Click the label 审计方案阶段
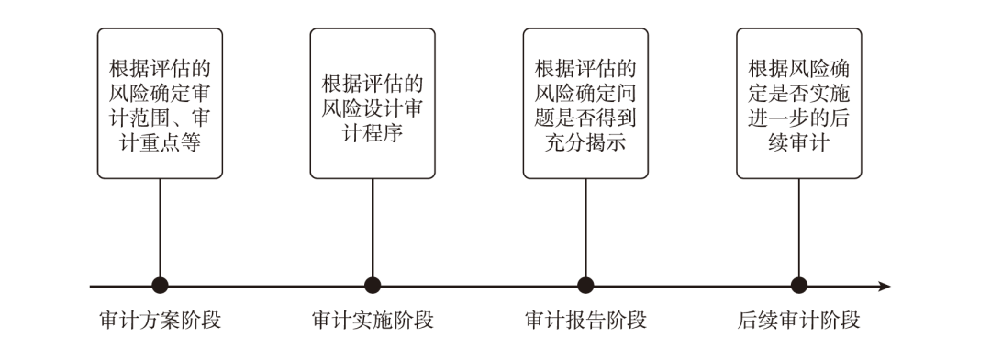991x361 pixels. (160, 322)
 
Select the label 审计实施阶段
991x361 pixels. (373, 322)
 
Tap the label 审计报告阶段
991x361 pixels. (585, 322)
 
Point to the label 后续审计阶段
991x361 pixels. (798, 322)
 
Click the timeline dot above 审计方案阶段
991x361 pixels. (160, 286)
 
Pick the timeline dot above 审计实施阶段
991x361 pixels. (373, 286)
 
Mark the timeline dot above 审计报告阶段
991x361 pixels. (585, 286)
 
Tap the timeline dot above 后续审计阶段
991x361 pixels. (798, 286)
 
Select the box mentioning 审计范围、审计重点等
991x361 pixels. (160, 103)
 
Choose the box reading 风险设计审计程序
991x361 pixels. (373, 103)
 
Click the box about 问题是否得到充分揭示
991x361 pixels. (585, 103)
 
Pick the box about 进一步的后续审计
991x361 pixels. (798, 103)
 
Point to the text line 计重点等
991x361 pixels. (160, 143)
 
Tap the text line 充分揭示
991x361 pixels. (585, 143)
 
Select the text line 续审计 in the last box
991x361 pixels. (798, 143)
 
